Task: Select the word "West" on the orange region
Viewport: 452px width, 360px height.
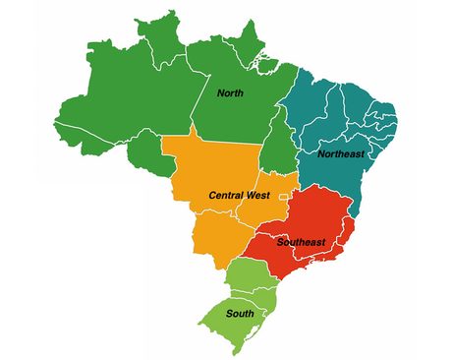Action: click(257, 196)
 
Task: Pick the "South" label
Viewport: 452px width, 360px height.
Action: click(239, 314)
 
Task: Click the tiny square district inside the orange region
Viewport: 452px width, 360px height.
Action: click(283, 199)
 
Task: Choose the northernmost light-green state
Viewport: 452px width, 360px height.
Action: click(246, 273)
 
